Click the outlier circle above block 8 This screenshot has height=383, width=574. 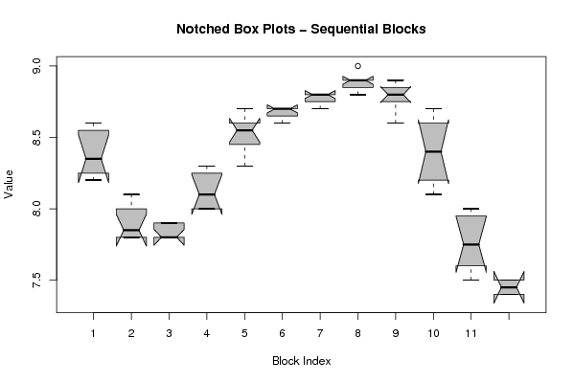click(x=357, y=66)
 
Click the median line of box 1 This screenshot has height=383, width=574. click(x=93, y=159)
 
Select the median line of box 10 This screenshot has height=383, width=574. click(x=433, y=151)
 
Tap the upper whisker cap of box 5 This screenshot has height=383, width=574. click(x=244, y=108)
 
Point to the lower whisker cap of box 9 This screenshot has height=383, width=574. click(x=396, y=123)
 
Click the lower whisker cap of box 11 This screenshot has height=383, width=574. click(x=471, y=280)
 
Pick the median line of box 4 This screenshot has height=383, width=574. click(x=207, y=194)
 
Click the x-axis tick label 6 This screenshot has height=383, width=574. click(x=283, y=333)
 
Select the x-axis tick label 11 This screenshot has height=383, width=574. click(x=471, y=333)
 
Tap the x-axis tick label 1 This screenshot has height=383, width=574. click(x=93, y=333)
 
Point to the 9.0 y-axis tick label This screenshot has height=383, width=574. click(x=37, y=66)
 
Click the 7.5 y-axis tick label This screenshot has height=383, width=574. click(x=37, y=281)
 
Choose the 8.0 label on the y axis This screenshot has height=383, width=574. click(x=37, y=209)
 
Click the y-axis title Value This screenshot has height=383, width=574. click(x=9, y=185)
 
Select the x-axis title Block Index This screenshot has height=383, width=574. click(x=302, y=361)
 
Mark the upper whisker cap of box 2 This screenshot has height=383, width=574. click(x=131, y=194)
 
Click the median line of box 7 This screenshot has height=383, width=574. click(x=320, y=95)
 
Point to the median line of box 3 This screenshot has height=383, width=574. click(x=169, y=237)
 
